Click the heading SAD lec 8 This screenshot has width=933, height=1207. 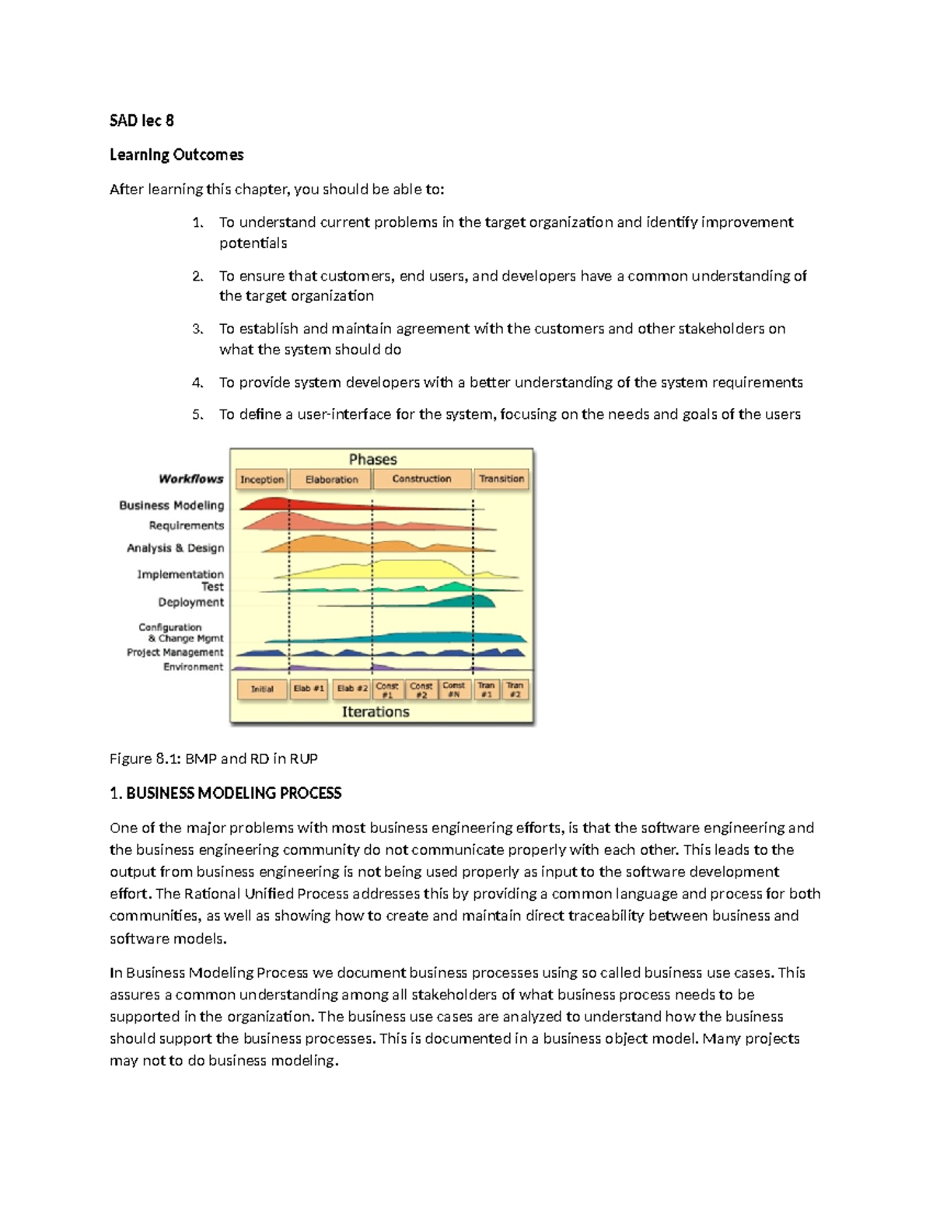point(142,120)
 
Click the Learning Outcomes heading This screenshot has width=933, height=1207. point(176,155)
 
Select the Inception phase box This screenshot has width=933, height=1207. point(262,480)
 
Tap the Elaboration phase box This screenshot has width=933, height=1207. point(332,480)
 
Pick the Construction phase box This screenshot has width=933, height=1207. point(421,480)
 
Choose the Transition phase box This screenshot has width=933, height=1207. point(501,480)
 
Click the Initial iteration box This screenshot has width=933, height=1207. point(262,689)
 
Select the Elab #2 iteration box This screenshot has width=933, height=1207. point(351,689)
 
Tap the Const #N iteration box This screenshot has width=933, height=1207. point(454,689)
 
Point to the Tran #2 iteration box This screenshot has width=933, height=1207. point(515,689)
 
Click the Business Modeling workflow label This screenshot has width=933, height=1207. point(171,505)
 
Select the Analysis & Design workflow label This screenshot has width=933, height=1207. point(175,548)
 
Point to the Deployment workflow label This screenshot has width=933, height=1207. point(190,602)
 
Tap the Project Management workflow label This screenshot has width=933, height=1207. point(175,653)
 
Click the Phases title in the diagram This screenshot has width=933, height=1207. point(373,459)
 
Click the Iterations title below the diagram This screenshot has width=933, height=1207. point(376,712)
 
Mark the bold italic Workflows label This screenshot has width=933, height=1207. point(190,479)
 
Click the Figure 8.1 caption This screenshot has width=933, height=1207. point(213,759)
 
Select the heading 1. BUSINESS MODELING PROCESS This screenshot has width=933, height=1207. point(225,794)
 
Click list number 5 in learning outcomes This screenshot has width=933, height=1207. point(197,414)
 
